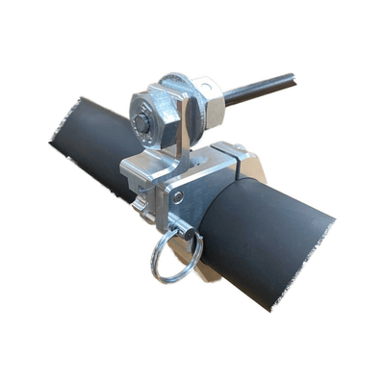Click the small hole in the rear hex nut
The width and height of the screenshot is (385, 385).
(x=205, y=85)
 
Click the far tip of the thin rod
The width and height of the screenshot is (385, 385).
(x=292, y=73)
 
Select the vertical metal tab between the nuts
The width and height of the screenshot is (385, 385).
(x=183, y=130)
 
